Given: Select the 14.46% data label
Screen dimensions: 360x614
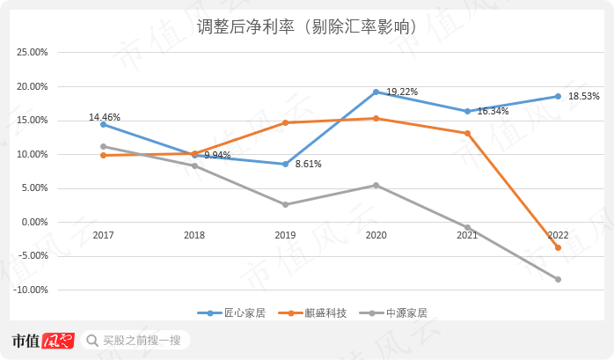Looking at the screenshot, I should click(105, 117).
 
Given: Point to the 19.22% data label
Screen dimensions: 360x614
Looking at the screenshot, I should click(402, 92).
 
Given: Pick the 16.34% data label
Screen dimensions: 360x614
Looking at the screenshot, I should click(493, 112).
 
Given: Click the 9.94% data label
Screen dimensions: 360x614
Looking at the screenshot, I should click(217, 155).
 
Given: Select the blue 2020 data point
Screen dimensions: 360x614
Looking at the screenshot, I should click(376, 92).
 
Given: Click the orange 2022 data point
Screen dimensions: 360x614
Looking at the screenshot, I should click(558, 247).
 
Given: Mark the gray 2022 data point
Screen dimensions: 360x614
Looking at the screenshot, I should click(558, 279).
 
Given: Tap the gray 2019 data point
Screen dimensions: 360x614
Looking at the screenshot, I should click(285, 204).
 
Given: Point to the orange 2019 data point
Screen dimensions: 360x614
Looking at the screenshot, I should click(285, 122).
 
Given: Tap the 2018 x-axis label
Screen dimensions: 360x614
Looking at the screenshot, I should click(194, 235).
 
